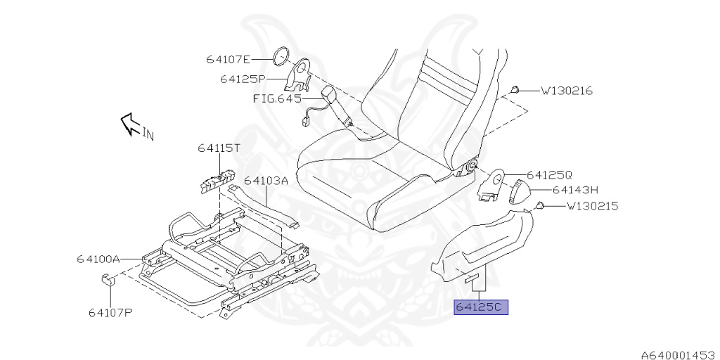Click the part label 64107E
pyautogui.click(x=229, y=59)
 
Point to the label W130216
pyautogui.click(x=567, y=91)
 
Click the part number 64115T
pyautogui.click(x=219, y=148)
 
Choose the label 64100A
pyautogui.click(x=98, y=259)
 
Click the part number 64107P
pyautogui.click(x=110, y=312)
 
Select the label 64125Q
pyautogui.click(x=550, y=174)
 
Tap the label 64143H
pyautogui.click(x=574, y=189)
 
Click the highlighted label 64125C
pyautogui.click(x=481, y=307)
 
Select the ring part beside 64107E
pyautogui.click(x=281, y=56)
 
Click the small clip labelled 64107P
pyautogui.click(x=108, y=282)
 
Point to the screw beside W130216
pyautogui.click(x=515, y=89)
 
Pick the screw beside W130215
pyautogui.click(x=541, y=205)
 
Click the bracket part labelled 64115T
pyautogui.click(x=217, y=181)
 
